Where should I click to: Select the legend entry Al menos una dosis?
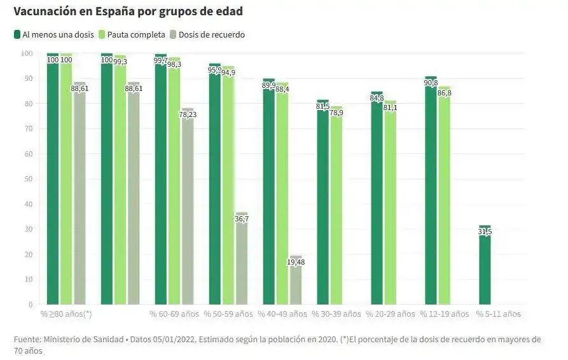coord(54,34)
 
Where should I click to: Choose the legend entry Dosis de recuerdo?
coord(211,34)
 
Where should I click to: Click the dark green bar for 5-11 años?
coord(485,267)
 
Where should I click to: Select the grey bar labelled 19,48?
coord(296,283)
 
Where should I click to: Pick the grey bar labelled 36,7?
coord(242,261)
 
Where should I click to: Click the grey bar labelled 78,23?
coord(188,210)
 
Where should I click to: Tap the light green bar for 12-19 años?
coord(445,197)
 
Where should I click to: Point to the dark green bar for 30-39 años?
coord(322,204)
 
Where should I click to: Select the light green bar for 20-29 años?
coord(391,204)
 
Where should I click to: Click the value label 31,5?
coord(485,232)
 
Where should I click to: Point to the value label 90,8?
coord(431,83)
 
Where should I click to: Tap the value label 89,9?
coord(269,85)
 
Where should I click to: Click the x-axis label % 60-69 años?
coord(174,314)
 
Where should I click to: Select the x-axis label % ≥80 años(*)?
coord(66,314)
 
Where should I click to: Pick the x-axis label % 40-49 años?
coord(282,314)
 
